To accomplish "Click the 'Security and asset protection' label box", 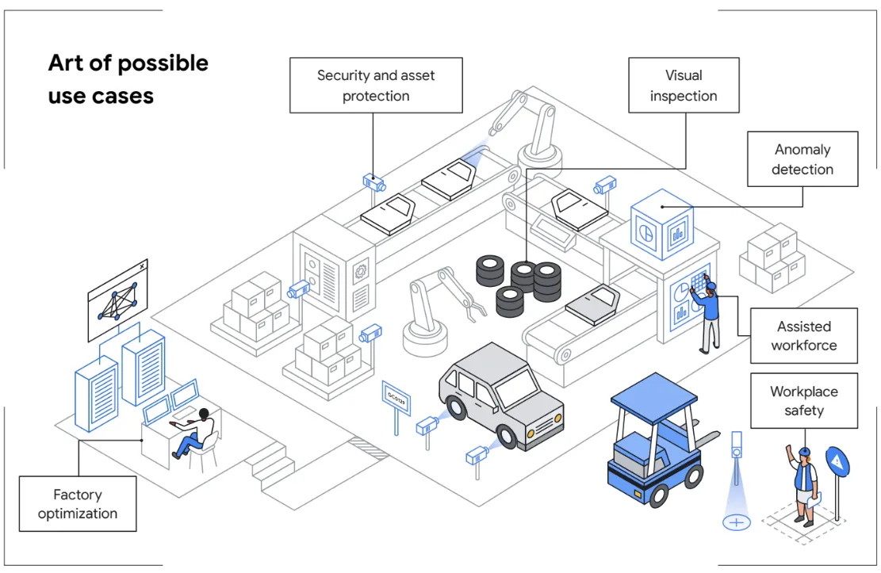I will [375, 85].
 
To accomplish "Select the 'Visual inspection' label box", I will [683, 85].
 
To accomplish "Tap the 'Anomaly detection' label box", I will [802, 159].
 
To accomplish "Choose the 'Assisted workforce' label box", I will [803, 335].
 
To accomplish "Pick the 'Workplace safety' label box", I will [803, 400].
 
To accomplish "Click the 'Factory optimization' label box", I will [78, 503].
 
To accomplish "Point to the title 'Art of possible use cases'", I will [128, 78].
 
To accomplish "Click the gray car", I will [500, 395].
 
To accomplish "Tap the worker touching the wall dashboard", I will [708, 315].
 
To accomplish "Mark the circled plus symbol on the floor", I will [737, 522].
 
